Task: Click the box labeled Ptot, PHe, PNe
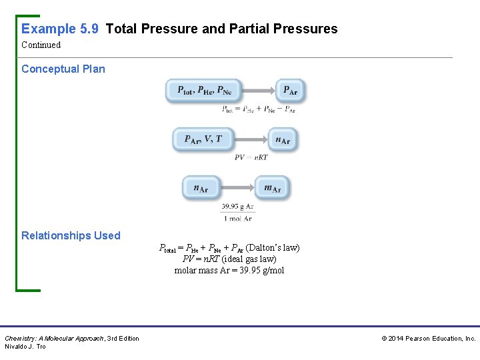pyautogui.click(x=203, y=91)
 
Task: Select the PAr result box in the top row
pyautogui.click(x=290, y=91)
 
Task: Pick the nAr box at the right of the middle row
pyautogui.click(x=283, y=139)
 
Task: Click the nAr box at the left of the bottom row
pyautogui.click(x=201, y=188)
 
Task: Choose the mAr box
pyautogui.click(x=272, y=188)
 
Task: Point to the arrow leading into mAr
pyautogui.click(x=237, y=188)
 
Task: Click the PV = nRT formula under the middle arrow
pyautogui.click(x=251, y=157)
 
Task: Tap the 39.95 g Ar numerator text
pyautogui.click(x=237, y=207)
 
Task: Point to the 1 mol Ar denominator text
pyautogui.click(x=237, y=218)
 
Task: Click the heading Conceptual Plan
pyautogui.click(x=63, y=69)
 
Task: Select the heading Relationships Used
pyautogui.click(x=71, y=235)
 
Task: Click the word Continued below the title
pyautogui.click(x=41, y=45)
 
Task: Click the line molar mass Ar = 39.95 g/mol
pyautogui.click(x=229, y=270)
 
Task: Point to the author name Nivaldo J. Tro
pyautogui.click(x=25, y=347)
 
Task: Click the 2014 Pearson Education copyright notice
pyautogui.click(x=428, y=339)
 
